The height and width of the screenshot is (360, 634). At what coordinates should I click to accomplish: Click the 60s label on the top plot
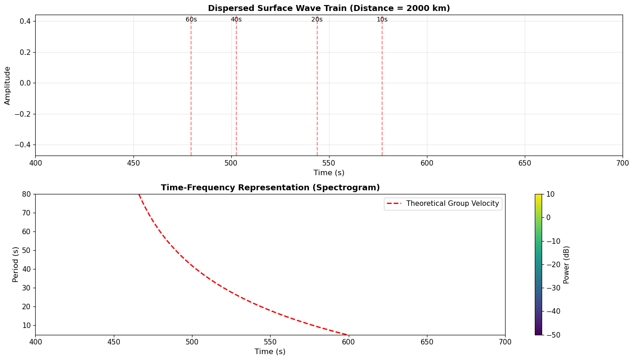click(x=191, y=20)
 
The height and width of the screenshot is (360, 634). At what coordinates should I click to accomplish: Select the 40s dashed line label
click(x=236, y=20)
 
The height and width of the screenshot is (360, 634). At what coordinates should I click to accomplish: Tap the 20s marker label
click(x=317, y=20)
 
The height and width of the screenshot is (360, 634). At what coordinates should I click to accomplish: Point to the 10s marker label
click(x=382, y=20)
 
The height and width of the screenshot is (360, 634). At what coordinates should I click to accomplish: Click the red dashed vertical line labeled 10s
click(x=382, y=91)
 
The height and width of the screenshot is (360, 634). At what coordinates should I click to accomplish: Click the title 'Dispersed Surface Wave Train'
click(x=329, y=8)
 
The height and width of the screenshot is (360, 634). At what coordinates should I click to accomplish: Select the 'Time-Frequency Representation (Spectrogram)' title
click(x=270, y=188)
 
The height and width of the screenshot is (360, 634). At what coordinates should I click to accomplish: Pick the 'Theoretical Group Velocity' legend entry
click(x=453, y=204)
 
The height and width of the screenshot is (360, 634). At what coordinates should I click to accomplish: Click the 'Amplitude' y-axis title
click(x=7, y=86)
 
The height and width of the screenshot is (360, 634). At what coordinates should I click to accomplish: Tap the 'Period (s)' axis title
click(x=16, y=264)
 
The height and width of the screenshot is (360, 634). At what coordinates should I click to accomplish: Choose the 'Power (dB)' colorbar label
click(x=567, y=264)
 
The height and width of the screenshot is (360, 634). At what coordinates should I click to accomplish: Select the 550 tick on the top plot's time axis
click(x=329, y=163)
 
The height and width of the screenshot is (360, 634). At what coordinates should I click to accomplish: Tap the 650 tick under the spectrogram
click(x=427, y=342)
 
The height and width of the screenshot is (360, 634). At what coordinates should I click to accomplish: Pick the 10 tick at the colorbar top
click(x=551, y=194)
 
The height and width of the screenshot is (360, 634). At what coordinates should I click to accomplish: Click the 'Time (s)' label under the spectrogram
click(x=270, y=352)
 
